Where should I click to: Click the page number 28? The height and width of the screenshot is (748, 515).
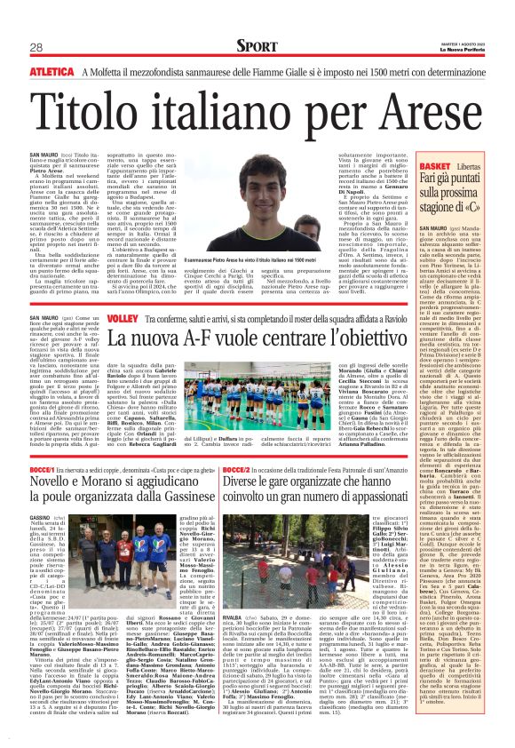[36, 46]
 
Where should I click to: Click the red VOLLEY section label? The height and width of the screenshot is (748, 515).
[121, 318]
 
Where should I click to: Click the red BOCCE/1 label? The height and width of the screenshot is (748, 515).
[44, 466]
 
